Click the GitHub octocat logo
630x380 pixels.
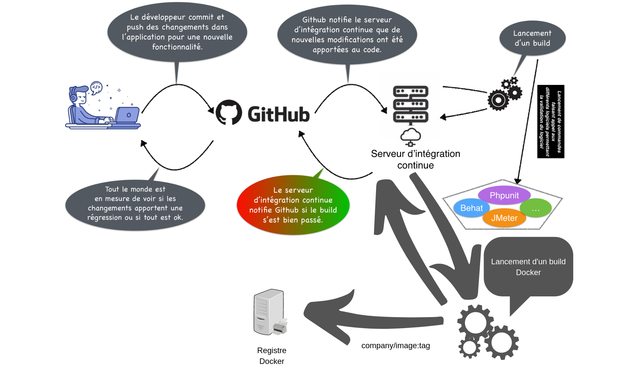click(x=229, y=112)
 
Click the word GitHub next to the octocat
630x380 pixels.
click(x=278, y=114)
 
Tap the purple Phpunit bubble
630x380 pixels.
click(x=504, y=195)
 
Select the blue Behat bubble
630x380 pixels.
click(x=472, y=208)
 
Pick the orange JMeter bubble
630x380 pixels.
click(x=504, y=218)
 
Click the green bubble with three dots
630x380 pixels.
click(x=535, y=208)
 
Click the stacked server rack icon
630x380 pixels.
click(x=410, y=104)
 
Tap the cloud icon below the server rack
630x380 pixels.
click(x=410, y=136)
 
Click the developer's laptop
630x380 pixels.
click(x=127, y=115)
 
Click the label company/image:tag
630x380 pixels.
click(x=395, y=346)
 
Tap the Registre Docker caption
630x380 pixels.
click(x=272, y=356)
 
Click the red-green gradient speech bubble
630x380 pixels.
click(x=293, y=205)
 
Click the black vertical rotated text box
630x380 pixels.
click(x=550, y=122)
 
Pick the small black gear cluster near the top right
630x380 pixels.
click(x=505, y=94)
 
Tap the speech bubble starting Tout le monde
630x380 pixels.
click(x=135, y=204)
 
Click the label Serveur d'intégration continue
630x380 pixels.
click(x=415, y=159)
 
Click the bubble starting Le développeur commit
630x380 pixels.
click(x=177, y=32)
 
